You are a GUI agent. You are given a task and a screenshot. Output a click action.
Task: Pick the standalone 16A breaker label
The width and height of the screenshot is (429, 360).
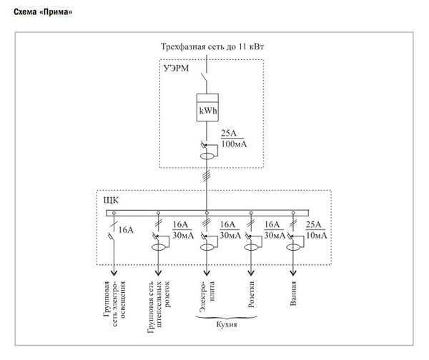pyautogui.click(x=127, y=230)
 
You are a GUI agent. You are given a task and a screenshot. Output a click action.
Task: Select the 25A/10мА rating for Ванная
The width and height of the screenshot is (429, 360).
pyautogui.click(x=315, y=230)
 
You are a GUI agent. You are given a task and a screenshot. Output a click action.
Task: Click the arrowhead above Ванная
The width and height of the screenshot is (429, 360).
pyautogui.click(x=293, y=272)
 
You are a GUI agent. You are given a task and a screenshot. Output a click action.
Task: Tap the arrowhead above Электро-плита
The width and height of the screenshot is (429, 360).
pyautogui.click(x=207, y=272)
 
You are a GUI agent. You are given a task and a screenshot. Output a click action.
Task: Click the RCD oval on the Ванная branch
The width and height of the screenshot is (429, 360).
pyautogui.click(x=293, y=247)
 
